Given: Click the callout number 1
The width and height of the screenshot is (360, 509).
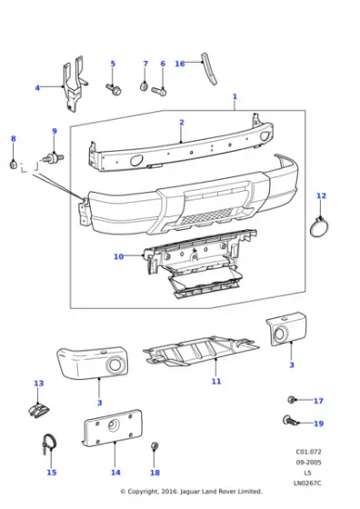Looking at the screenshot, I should coord(235,95).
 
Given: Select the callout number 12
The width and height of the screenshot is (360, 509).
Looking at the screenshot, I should coord(320,195).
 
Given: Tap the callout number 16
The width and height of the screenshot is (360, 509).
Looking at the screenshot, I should coord(180,64).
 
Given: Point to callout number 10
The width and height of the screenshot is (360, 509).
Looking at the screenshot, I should coord(118,257).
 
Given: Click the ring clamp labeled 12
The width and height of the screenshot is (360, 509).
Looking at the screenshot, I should coord(319,227).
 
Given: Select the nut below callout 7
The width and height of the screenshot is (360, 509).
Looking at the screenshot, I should coord(145,86).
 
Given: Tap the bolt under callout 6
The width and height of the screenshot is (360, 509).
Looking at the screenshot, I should coord(163,89).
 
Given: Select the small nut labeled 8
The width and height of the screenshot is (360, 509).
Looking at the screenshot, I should coord(13,164).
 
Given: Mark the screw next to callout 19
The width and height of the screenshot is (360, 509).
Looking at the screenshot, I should coord(290,421).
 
